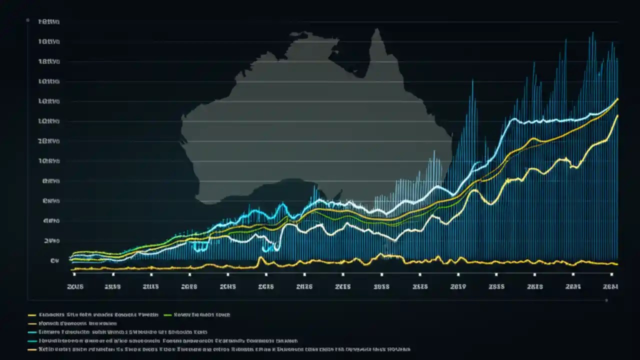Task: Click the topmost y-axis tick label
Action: [x=49, y=22]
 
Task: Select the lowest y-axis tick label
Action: [x=51, y=260]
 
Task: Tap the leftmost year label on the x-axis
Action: [x=75, y=286]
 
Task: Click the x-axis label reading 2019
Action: [x=457, y=286]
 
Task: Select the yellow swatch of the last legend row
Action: [x=32, y=349]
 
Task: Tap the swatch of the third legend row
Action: [x=32, y=332]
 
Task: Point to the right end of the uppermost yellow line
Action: [x=618, y=99]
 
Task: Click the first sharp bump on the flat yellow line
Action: [x=260, y=258]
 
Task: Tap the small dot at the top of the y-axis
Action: [x=27, y=20]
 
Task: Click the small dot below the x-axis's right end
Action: [x=606, y=301]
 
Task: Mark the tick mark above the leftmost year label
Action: [x=74, y=274]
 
